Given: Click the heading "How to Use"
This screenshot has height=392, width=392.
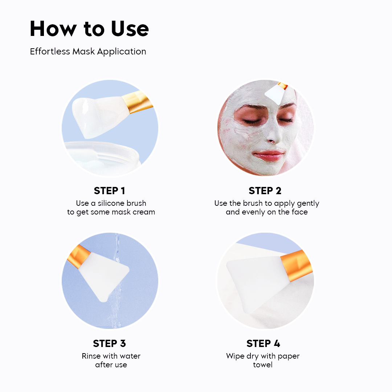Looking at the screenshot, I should pos(89,29).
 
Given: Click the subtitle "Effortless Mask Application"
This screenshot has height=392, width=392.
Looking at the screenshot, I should pos(88,52).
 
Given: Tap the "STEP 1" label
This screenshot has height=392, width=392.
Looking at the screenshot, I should pos(109,191).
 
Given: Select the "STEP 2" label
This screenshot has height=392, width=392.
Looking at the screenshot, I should pos(265,191).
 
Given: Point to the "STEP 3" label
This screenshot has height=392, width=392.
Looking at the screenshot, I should pos(109,343).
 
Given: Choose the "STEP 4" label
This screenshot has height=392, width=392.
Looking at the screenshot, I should pos(263,343).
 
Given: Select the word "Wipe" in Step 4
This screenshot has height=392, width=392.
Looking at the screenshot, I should pos(235,356).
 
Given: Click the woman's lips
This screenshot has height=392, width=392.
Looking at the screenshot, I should pos(269,155).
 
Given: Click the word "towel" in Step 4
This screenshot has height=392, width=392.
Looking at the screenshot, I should pos(263,365).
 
